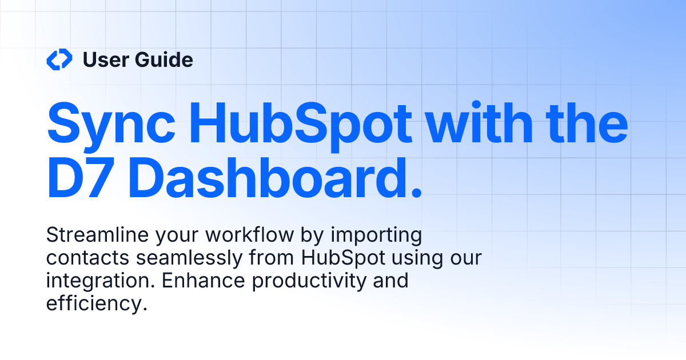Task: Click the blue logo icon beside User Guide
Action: pyautogui.click(x=59, y=59)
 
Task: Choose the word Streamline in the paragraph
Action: pyautogui.click(x=92, y=235)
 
